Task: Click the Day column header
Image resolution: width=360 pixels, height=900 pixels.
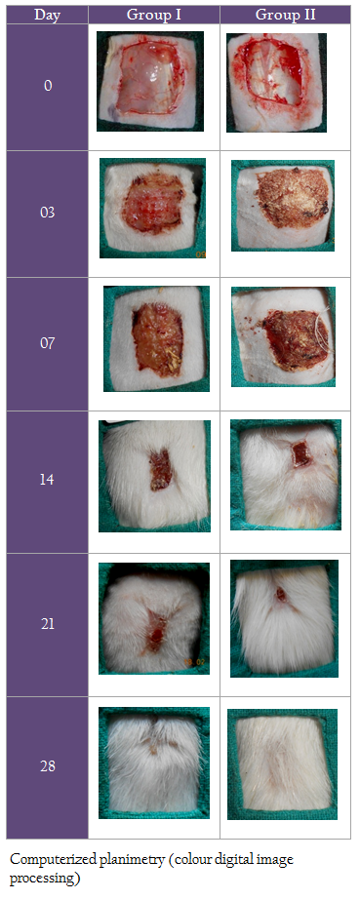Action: pos(48,15)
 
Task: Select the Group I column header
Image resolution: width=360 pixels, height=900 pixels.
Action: pos(154,15)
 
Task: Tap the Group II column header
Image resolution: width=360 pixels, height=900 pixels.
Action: pos(285,15)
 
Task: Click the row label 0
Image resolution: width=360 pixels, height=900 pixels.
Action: pos(48,86)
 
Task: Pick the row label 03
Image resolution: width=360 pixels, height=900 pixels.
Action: pos(48,213)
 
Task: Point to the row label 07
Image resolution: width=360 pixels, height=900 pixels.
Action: pos(48,343)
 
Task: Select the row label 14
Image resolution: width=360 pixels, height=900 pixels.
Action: pos(48,480)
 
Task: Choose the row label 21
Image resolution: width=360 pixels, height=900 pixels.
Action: pos(48,624)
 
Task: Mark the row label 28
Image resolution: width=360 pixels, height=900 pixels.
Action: pos(48,766)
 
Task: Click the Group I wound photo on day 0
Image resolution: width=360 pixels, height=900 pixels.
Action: pos(150,81)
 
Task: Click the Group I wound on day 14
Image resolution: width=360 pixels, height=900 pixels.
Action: pos(160,469)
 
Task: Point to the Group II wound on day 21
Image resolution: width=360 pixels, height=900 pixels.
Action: pos(281,594)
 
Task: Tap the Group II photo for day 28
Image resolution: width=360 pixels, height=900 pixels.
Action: pos(282,763)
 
